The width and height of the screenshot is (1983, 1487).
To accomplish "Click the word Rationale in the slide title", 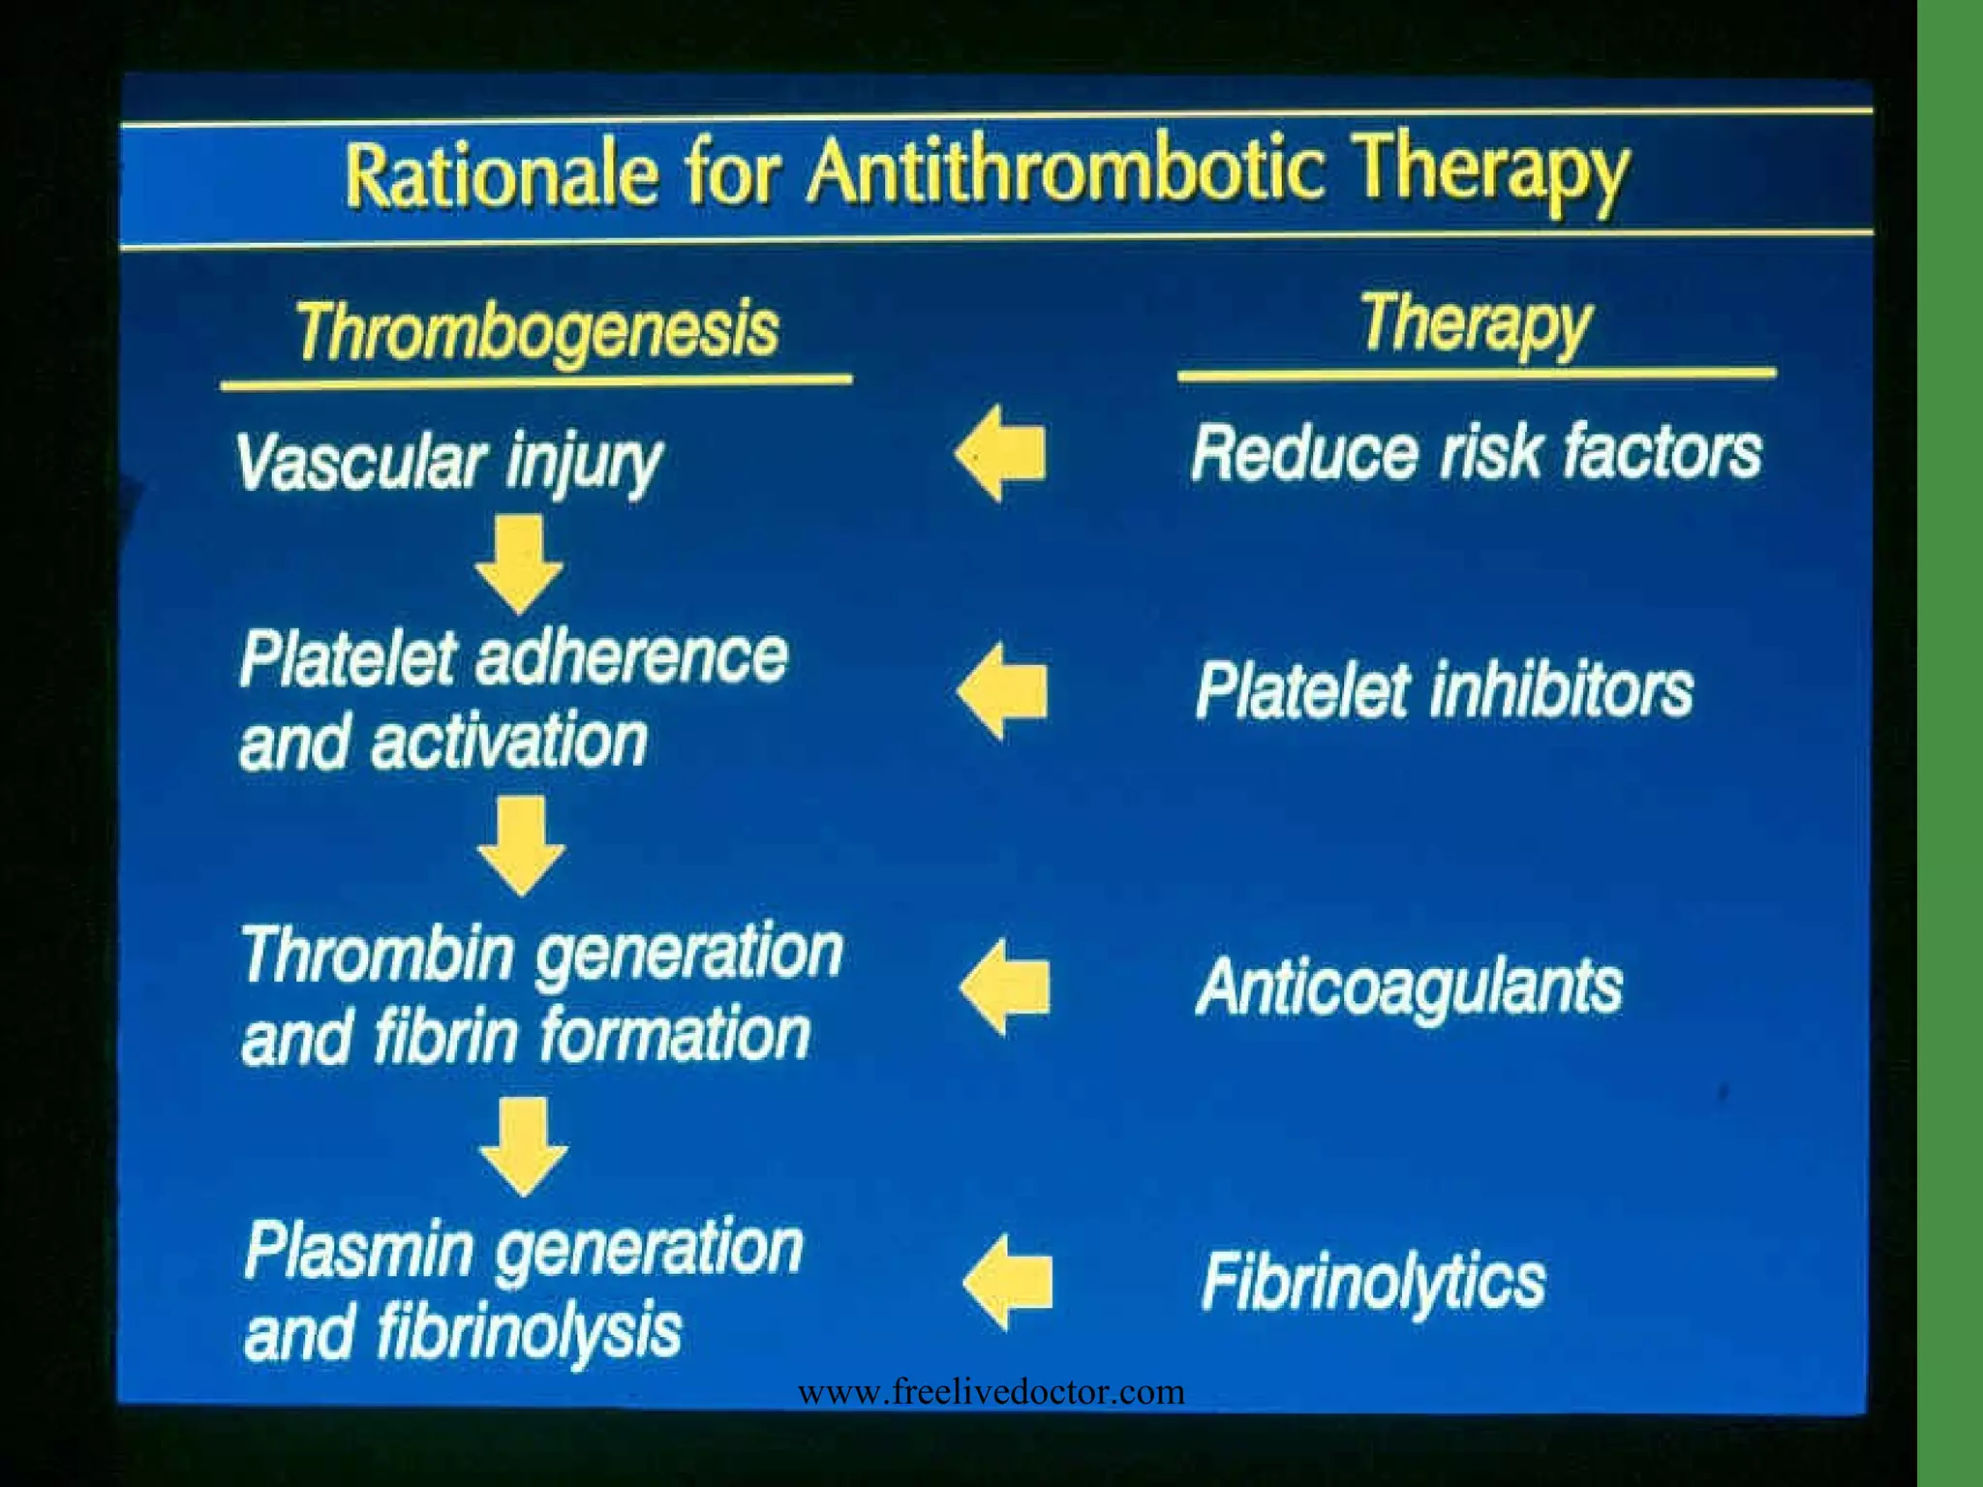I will coord(502,174).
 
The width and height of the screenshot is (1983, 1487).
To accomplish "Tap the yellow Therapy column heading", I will coord(1475,323).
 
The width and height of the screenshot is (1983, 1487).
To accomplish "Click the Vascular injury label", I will coord(448,463).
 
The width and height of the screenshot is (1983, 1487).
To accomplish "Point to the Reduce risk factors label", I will coord(1476,453).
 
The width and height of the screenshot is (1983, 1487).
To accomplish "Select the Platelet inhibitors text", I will coord(1444,690).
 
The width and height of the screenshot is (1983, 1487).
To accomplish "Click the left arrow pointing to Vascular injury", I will coord(1000,453).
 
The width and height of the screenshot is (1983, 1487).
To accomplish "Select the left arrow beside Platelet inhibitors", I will coord(1002,691).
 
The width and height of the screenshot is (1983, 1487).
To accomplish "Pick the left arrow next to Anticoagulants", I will coord(1004,987).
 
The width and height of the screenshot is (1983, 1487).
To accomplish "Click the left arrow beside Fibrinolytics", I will coord(1008,1282).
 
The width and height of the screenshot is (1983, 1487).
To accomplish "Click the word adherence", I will coord(631,657).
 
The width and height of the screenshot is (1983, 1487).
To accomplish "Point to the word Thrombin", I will coord(377,954).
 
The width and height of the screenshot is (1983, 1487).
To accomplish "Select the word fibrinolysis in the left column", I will coord(529,1332).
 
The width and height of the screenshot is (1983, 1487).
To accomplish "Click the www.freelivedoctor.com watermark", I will coord(991,1392).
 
